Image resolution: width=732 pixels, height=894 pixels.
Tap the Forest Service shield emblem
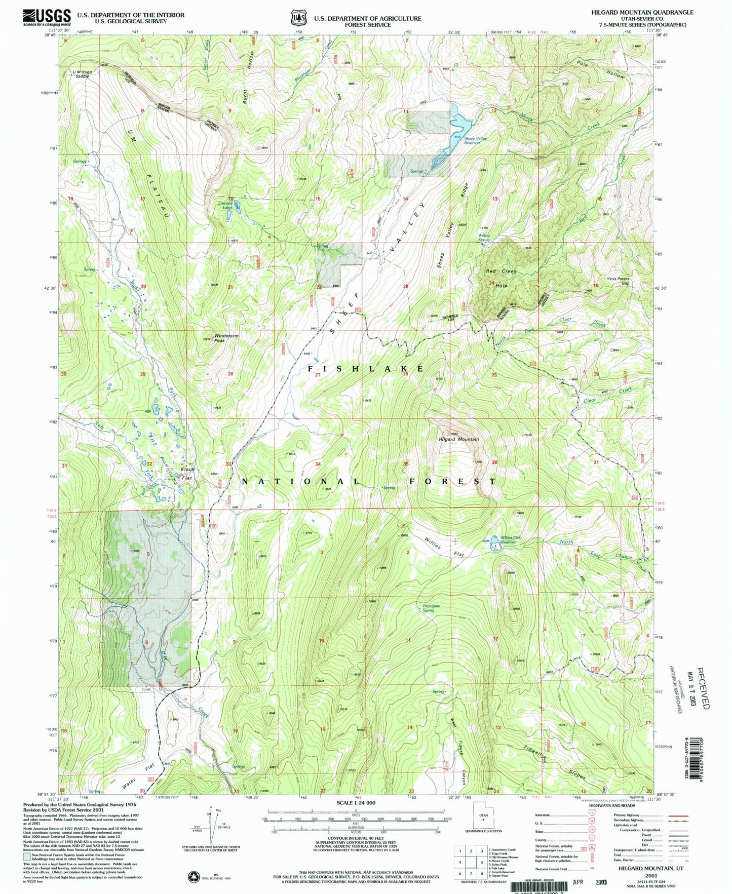click(298, 18)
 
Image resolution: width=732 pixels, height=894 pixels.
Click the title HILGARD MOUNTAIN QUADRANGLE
click(642, 12)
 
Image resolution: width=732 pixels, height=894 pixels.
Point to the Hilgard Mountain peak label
click(458, 439)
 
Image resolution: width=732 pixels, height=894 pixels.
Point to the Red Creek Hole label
click(499, 278)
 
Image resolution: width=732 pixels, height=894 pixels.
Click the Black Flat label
click(187, 473)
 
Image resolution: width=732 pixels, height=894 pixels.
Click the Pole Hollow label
click(601, 68)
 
